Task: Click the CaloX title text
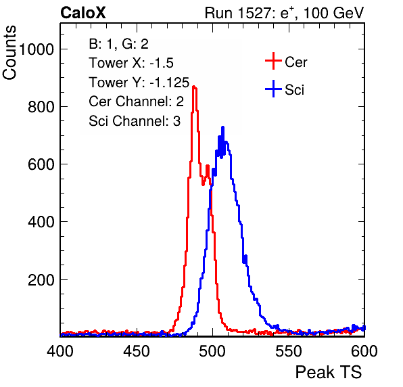tap(83, 13)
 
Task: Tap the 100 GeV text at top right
tap(333, 13)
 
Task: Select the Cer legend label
tap(295, 62)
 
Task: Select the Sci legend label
tap(294, 90)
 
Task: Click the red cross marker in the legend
tap(273, 61)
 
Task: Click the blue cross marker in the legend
tap(273, 89)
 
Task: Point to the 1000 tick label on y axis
tap(37, 49)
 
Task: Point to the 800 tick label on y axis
tap(41, 106)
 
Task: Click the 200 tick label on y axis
tap(41, 279)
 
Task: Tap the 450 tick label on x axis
tap(137, 351)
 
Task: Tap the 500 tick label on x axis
tap(212, 351)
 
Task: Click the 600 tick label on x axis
tap(364, 351)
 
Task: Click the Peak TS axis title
tap(329, 372)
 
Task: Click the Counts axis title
tap(9, 53)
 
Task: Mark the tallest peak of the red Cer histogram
tap(194, 87)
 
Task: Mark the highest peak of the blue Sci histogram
tap(223, 127)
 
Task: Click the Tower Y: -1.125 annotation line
tap(139, 83)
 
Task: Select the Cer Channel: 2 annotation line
tap(136, 101)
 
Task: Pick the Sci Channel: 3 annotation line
tap(135, 121)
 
